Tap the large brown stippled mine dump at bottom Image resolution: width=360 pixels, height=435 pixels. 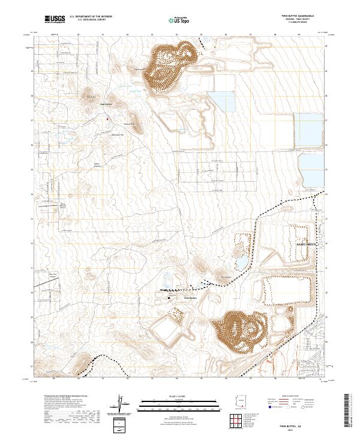tap(241, 331)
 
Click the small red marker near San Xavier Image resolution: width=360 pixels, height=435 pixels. tap(108, 118)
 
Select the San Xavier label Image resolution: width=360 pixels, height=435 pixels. tap(106, 103)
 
